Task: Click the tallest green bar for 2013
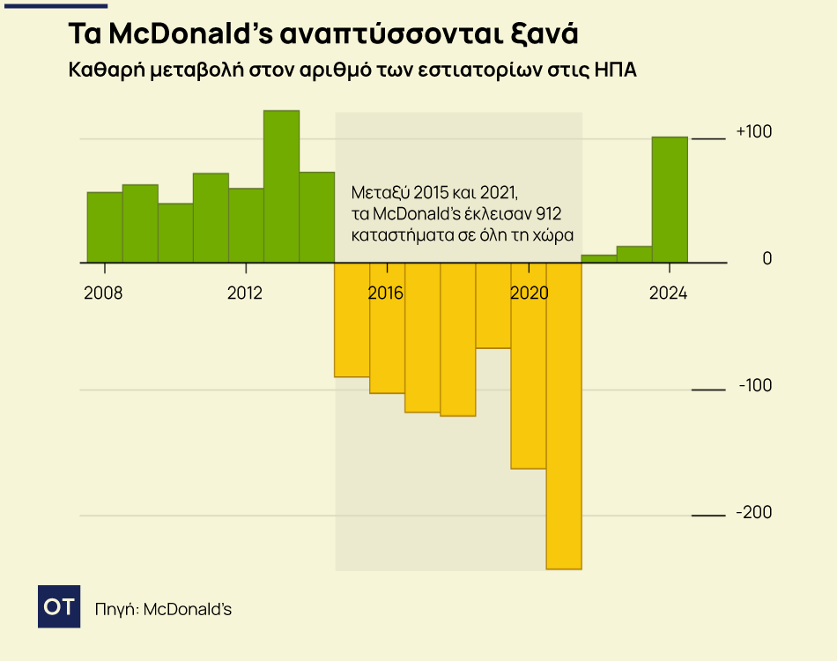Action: click(281, 186)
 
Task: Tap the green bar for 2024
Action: click(670, 199)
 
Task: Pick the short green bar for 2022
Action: click(599, 258)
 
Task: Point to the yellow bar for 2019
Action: click(493, 305)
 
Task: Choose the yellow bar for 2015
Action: click(352, 320)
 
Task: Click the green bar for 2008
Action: click(105, 227)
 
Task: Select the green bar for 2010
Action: click(175, 233)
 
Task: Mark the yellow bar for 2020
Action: click(529, 366)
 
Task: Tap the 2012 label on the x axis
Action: click(245, 293)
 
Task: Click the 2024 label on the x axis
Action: click(668, 293)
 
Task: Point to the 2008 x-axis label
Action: click(104, 293)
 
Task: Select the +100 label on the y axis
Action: click(753, 132)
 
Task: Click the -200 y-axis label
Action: click(753, 513)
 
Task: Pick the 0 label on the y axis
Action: click(767, 259)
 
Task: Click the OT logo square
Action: click(59, 606)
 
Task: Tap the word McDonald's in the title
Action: click(190, 34)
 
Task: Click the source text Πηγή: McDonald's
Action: click(163, 609)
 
